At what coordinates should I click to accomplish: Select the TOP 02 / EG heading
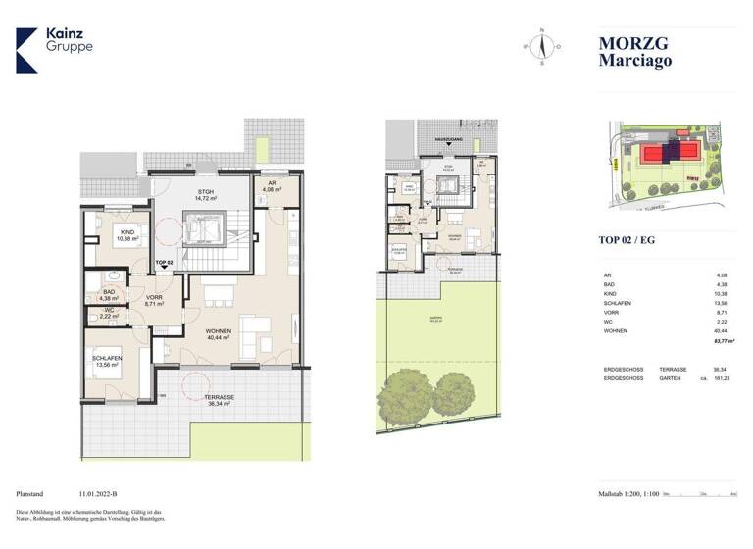pos(627,238)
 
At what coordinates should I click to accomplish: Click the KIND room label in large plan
pos(128,233)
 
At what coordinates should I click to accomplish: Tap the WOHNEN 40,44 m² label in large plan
pos(219,336)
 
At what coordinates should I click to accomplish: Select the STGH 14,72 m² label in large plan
pos(205,195)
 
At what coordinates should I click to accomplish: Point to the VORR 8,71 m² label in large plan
pos(154,301)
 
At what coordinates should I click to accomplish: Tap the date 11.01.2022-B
pos(104,494)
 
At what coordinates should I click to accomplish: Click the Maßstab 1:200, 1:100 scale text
pos(628,494)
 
